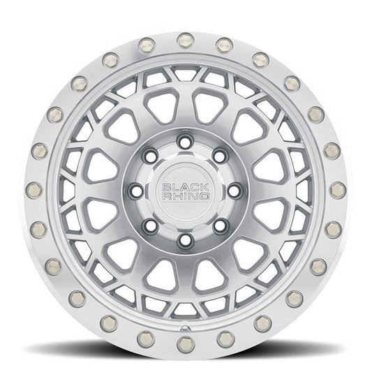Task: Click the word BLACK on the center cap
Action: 186,188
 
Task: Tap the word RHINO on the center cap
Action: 186,196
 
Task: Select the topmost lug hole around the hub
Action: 185,142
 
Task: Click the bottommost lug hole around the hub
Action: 185,240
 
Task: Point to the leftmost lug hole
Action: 136,191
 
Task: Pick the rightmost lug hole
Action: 235,191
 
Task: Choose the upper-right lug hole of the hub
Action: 220,156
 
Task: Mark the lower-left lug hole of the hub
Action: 151,225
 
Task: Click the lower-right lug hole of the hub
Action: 220,225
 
